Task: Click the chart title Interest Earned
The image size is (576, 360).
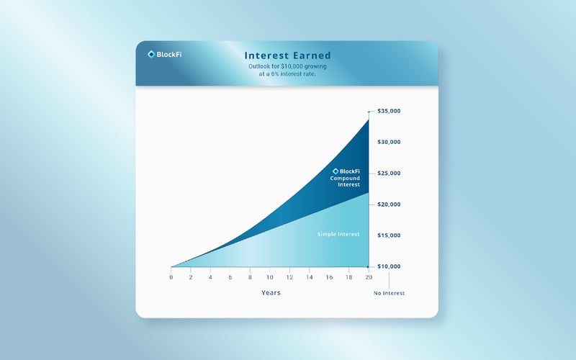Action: click(x=287, y=55)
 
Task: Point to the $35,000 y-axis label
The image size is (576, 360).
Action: click(x=390, y=112)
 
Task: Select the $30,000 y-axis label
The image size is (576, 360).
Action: click(x=390, y=143)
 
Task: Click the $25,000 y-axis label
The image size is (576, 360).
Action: click(x=390, y=174)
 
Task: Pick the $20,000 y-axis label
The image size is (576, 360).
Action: click(x=390, y=204)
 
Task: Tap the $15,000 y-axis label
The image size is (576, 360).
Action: click(x=390, y=235)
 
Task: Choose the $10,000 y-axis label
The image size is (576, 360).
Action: click(x=390, y=266)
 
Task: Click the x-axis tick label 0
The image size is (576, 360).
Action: click(x=171, y=278)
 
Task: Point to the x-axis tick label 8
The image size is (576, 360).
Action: click(x=250, y=278)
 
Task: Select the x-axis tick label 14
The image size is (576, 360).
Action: click(x=310, y=278)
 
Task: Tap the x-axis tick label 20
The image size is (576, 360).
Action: click(x=369, y=278)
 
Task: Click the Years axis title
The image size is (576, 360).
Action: click(x=271, y=293)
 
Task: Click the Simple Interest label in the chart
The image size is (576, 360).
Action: click(x=338, y=235)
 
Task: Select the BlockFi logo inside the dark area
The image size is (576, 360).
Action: click(x=346, y=171)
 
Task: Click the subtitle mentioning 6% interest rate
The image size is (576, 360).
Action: click(x=287, y=71)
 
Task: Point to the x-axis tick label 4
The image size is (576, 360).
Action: click(x=210, y=278)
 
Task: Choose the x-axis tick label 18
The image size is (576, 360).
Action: click(x=349, y=278)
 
